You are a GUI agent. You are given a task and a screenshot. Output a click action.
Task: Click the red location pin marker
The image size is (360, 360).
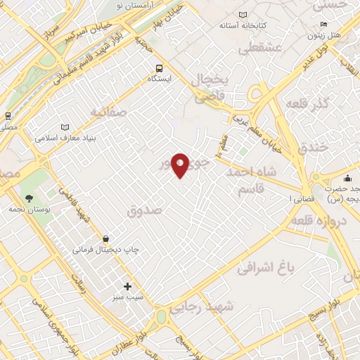[x=180, y=165]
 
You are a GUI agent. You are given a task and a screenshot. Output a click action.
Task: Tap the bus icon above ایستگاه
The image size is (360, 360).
[x=160, y=68]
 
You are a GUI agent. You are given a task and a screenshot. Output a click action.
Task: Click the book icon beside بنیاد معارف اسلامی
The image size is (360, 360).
[x=65, y=127]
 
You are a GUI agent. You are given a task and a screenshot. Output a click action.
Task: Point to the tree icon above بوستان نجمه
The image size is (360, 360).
[x=29, y=198]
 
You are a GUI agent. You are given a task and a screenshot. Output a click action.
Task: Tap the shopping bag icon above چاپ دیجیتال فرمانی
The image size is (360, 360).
[x=105, y=238]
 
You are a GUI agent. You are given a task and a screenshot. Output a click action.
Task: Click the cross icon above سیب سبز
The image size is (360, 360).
[x=127, y=286]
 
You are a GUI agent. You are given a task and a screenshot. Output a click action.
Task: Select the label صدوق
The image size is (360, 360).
[x=146, y=210]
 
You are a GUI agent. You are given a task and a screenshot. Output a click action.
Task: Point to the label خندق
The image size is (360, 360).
[x=314, y=148]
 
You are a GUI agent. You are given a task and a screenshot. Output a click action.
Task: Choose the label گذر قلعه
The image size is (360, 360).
[x=308, y=105]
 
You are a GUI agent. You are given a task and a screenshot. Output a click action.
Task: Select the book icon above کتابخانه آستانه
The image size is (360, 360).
[x=243, y=15]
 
